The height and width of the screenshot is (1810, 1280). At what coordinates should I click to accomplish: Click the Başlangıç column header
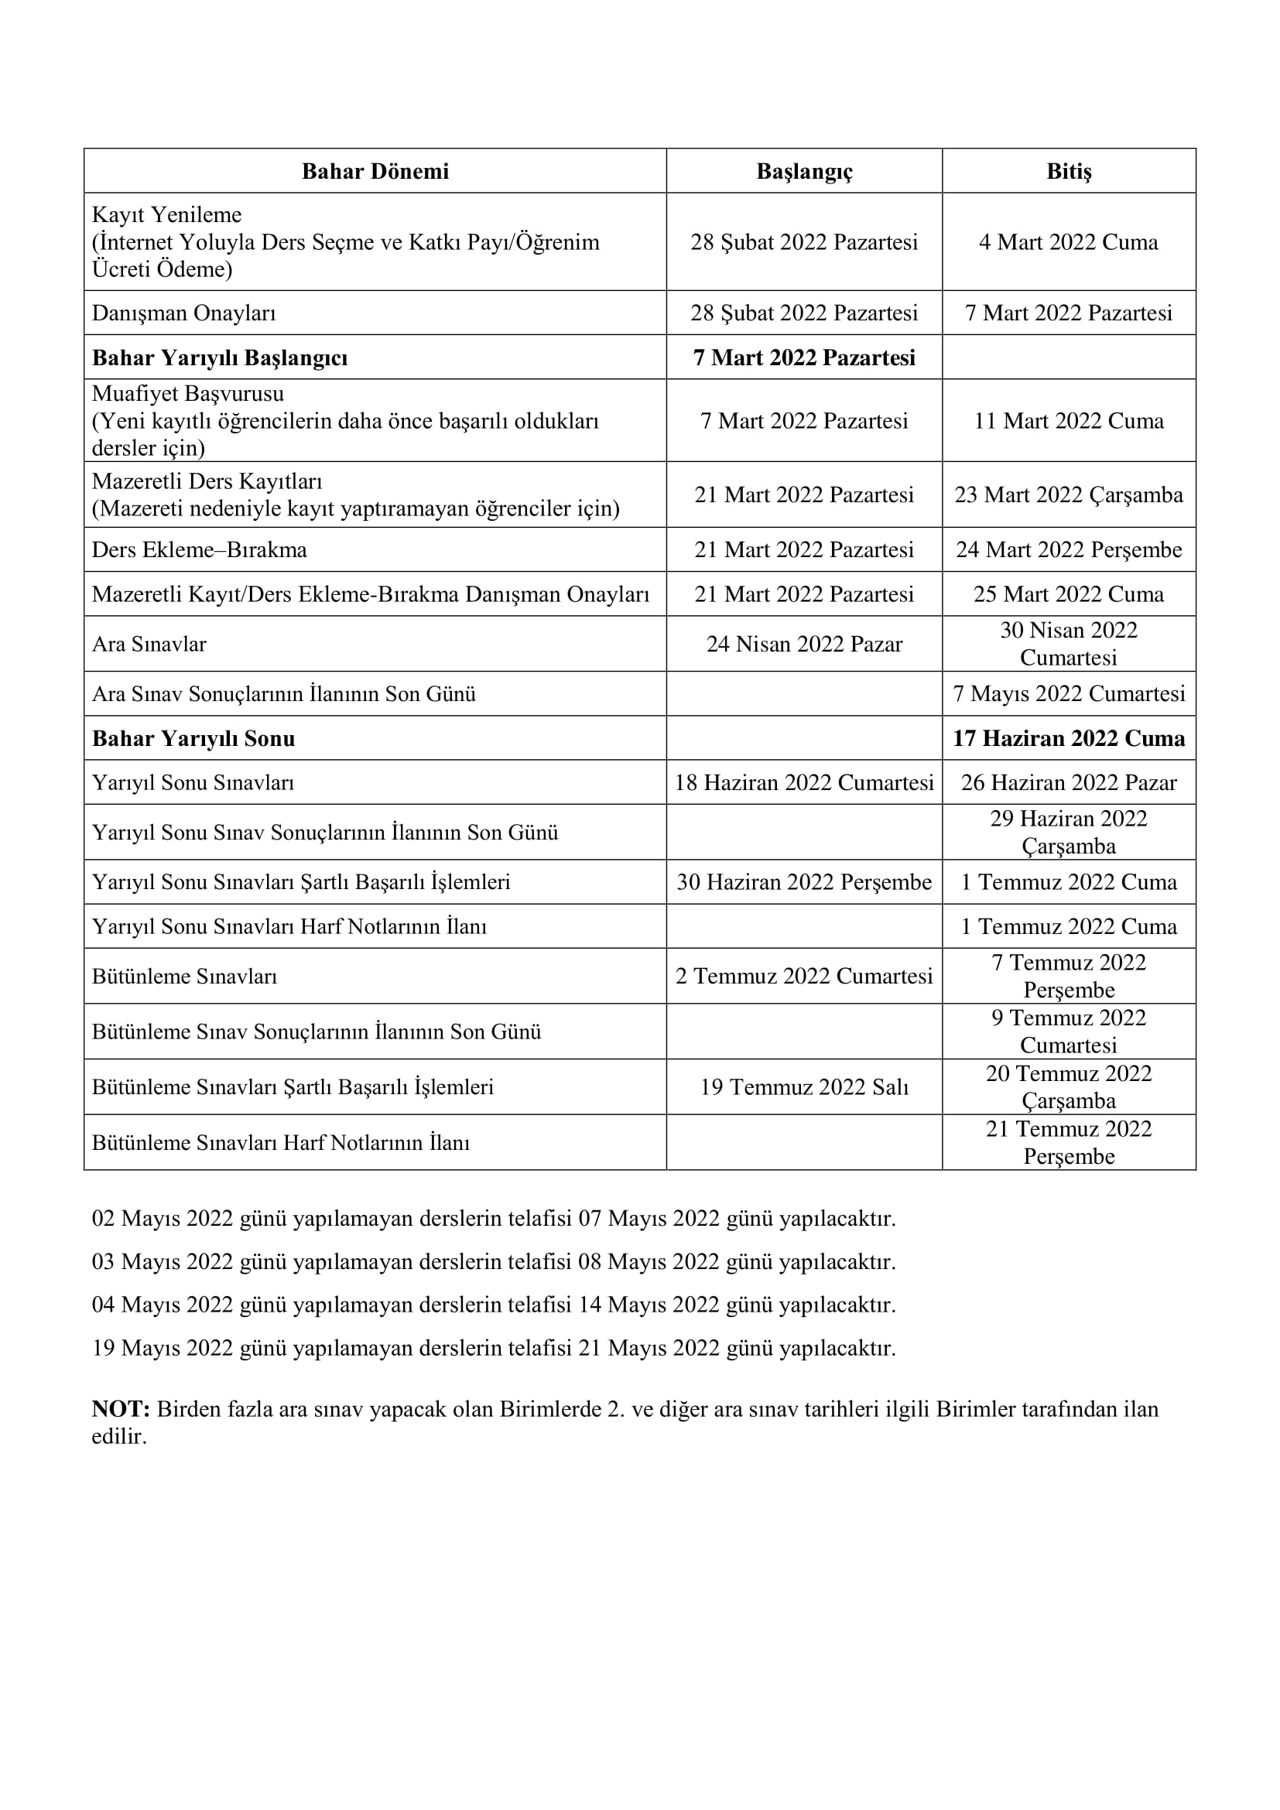pos(804,171)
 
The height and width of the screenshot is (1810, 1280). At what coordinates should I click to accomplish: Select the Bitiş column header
pos(1069,171)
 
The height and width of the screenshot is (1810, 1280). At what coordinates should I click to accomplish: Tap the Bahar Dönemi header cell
pos(375,171)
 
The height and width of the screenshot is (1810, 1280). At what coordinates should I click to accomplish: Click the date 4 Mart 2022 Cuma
pos(1069,242)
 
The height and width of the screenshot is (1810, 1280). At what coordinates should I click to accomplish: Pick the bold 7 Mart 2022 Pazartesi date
pos(804,358)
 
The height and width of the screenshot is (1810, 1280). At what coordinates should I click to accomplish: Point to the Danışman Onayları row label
pos(183,313)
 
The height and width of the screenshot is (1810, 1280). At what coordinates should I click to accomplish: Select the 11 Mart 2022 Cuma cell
pos(1069,421)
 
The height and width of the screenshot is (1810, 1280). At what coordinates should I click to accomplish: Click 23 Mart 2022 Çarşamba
pos(1069,495)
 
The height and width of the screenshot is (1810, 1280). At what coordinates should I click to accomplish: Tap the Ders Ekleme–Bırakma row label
pos(200,549)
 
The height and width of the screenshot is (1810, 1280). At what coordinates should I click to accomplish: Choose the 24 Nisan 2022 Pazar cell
pos(804,644)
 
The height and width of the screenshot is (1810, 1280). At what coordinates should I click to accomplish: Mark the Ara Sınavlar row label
pos(149,644)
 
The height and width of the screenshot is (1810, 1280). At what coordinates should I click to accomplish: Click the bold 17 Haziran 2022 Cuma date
pos(1069,739)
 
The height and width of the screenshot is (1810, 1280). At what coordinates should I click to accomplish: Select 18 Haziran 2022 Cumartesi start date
pos(804,783)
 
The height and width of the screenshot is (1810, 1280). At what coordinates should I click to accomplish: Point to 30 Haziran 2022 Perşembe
pos(804,882)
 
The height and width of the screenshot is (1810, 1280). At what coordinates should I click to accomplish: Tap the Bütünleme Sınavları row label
pos(184,977)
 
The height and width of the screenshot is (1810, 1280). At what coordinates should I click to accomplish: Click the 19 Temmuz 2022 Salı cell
pos(804,1088)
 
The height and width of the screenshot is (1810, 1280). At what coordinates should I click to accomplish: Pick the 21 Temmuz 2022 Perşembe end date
pos(1069,1142)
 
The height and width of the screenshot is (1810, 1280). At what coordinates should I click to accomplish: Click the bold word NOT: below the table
pos(121,1408)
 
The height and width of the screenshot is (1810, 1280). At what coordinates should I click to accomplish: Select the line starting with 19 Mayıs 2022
pos(494,1348)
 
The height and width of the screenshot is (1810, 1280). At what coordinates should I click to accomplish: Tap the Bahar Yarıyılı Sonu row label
pos(194,739)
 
